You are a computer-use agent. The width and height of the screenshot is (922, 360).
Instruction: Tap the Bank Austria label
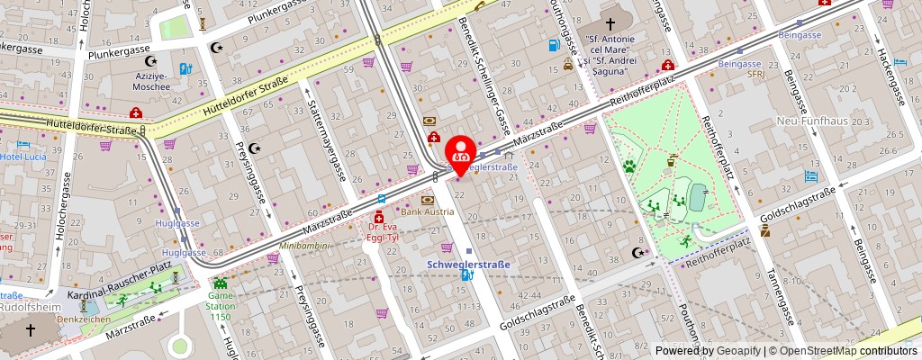point(428,211)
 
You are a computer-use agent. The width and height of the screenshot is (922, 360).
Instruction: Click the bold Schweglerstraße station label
point(468,265)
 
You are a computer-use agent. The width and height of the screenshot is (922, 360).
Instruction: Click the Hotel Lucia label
point(22,157)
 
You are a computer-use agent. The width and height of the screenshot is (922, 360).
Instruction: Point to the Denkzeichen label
point(84,319)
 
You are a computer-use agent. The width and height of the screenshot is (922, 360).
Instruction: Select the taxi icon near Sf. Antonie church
point(568,65)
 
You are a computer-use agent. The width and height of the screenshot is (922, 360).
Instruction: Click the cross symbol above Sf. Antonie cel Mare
point(610,24)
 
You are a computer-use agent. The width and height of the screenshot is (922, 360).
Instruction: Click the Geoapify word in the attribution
point(738,351)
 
